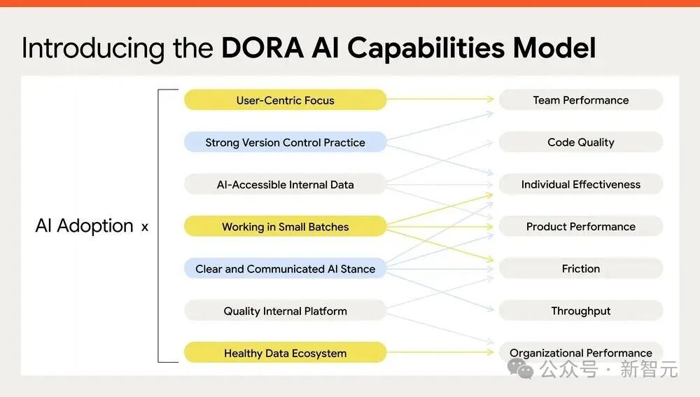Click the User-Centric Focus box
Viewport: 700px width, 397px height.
tap(285, 100)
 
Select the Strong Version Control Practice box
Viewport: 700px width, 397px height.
tap(285, 142)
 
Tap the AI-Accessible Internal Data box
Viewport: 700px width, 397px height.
tap(285, 185)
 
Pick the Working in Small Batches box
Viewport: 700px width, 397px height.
tap(285, 227)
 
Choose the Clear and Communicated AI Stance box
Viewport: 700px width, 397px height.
tap(285, 269)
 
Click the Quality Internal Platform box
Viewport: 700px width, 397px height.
tap(285, 311)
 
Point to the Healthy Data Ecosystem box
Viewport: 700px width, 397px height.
tap(285, 353)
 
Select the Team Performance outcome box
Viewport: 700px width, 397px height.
tap(580, 100)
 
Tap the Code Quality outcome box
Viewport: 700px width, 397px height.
tap(580, 142)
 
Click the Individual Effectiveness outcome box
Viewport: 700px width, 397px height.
tap(580, 185)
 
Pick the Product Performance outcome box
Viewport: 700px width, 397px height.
tap(580, 227)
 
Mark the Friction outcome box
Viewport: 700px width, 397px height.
tap(580, 269)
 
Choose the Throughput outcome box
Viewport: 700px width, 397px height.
tap(580, 311)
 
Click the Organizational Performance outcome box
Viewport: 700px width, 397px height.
tap(580, 353)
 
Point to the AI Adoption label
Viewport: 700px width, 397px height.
tap(84, 225)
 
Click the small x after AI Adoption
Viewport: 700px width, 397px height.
tap(145, 227)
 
